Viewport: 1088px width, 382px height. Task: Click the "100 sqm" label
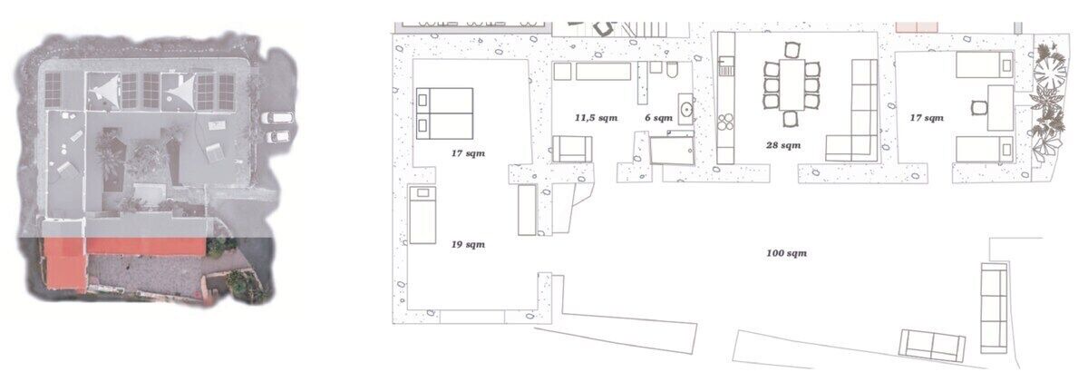coord(786,253)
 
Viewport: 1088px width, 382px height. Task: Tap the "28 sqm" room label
coord(783,145)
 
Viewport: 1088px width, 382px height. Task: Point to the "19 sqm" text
coord(468,244)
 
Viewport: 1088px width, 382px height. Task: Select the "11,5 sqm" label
coord(596,118)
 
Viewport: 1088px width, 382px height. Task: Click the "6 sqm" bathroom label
coord(658,118)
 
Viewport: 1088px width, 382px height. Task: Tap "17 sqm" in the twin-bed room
coord(927,118)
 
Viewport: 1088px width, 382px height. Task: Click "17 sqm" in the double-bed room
coord(468,153)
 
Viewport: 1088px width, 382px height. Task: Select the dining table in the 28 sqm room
coord(792,84)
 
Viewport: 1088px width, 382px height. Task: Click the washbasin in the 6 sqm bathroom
coord(685,110)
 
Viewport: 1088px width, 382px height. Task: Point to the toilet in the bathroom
coord(673,70)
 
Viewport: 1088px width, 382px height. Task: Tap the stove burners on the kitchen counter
coord(725,122)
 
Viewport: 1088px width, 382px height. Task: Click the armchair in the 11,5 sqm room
coord(572,149)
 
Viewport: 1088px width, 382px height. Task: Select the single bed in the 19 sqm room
coord(423,214)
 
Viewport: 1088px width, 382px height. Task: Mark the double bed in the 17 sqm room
coord(444,113)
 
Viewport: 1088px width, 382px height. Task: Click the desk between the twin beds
coord(1001,108)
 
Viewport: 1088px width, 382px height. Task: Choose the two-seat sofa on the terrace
coord(931,345)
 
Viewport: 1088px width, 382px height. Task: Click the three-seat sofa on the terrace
coord(994,308)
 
